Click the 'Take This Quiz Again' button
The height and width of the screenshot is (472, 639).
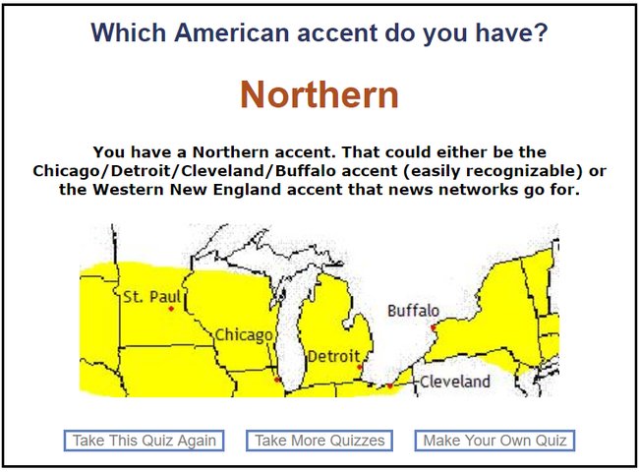tap(144, 441)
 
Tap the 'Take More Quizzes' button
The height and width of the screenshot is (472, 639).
tap(319, 441)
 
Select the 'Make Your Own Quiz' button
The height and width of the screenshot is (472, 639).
tap(494, 441)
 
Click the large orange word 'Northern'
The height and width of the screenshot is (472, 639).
tap(319, 94)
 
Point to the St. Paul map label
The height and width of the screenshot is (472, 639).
tap(151, 297)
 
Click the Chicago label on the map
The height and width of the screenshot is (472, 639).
tap(244, 335)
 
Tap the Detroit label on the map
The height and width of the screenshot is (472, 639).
tap(334, 357)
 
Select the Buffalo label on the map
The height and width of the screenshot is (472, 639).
tap(413, 311)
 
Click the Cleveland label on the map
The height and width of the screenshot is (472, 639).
tap(455, 382)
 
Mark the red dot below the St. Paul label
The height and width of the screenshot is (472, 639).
tap(171, 309)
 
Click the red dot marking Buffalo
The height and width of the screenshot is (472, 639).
tap(434, 327)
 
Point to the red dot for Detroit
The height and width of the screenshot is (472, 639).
tap(360, 367)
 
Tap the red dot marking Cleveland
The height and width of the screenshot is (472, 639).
tap(390, 385)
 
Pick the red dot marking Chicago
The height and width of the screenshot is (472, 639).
tap(277, 380)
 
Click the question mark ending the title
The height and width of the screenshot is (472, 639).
tap(542, 32)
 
